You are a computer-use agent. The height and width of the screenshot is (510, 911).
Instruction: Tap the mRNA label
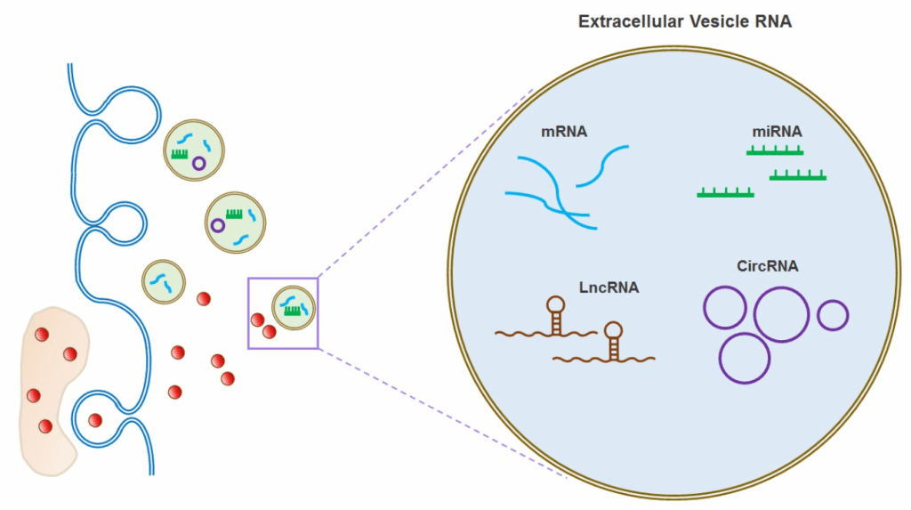coord(564,133)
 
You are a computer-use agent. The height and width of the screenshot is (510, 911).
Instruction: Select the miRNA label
coord(777,132)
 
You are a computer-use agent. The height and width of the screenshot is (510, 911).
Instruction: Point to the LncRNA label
coord(609,287)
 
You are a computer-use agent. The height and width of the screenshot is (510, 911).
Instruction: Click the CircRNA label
coord(767,265)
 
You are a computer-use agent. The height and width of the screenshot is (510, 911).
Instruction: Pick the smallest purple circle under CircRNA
coord(833,315)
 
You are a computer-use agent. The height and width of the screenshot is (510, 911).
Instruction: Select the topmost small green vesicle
coord(195,150)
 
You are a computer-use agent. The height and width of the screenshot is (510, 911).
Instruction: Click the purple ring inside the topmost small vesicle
coord(199,163)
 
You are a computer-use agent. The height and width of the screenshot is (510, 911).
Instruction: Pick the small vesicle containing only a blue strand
coord(164,281)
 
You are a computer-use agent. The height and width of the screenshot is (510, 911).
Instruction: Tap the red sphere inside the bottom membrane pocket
coord(95,420)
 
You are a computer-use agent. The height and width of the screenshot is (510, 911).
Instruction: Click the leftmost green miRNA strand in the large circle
coord(726,192)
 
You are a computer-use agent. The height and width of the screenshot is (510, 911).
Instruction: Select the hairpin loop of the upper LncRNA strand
coord(556,305)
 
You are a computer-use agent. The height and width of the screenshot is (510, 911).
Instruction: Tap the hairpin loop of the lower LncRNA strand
coord(614,331)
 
